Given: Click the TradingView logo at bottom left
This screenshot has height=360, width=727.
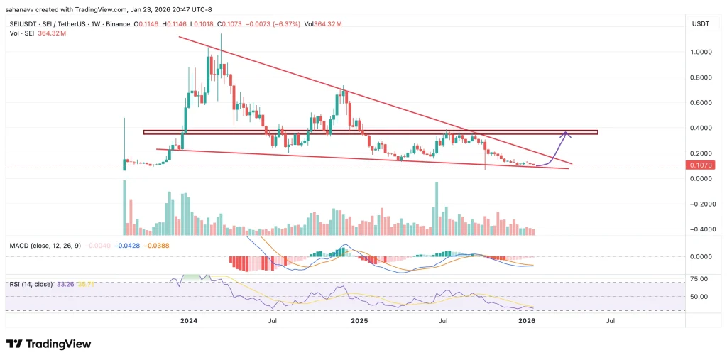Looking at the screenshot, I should (48, 344).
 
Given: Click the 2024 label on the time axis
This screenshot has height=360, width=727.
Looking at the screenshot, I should (189, 321).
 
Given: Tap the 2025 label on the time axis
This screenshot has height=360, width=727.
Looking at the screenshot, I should (359, 321).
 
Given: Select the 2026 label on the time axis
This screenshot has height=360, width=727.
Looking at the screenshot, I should (526, 321).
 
